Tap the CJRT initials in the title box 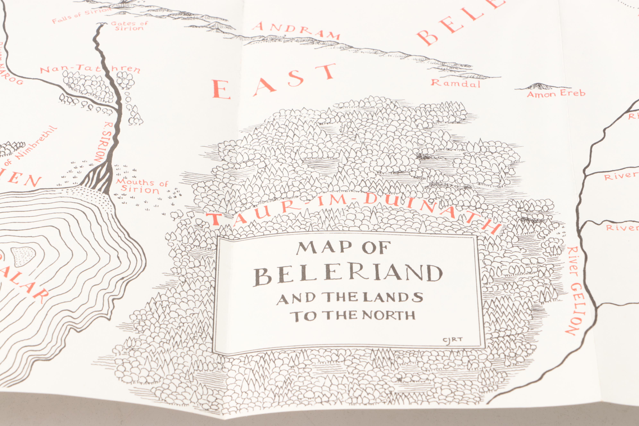pyautogui.click(x=452, y=340)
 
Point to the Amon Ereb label pyautogui.click(x=556, y=94)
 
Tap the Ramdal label pyautogui.click(x=456, y=83)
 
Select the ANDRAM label pyautogui.click(x=296, y=30)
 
